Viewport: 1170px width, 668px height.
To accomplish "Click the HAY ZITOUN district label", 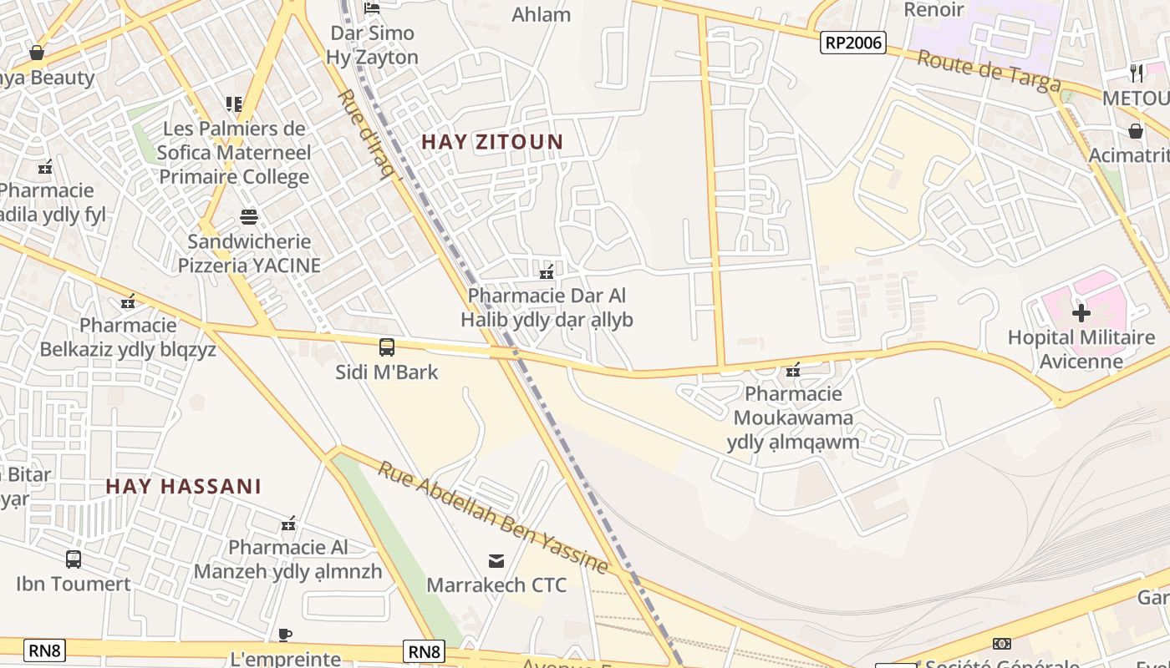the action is (x=492, y=142).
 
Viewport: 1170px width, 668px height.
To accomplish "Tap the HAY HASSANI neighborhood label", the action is (x=184, y=487).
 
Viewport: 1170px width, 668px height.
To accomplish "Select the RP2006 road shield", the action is (x=852, y=43).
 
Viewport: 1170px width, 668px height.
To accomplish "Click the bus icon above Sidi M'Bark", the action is (x=386, y=347).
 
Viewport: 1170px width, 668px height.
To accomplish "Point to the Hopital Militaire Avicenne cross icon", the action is (x=1081, y=314).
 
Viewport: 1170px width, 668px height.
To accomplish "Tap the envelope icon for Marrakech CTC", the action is (x=496, y=561).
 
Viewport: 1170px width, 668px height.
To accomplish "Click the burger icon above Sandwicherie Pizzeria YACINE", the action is (x=249, y=217).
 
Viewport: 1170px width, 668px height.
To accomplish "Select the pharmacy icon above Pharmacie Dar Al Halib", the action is (x=547, y=272).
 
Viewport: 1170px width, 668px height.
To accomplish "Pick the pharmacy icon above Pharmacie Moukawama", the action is (x=793, y=370).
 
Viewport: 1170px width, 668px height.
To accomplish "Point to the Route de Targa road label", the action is (x=989, y=70).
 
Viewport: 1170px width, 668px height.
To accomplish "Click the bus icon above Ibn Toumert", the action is (x=74, y=559).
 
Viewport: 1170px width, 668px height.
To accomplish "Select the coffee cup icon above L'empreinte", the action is (x=285, y=635).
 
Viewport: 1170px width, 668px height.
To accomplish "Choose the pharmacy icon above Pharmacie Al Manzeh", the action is (x=288, y=524).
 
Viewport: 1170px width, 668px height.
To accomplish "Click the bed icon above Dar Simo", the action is (x=372, y=8).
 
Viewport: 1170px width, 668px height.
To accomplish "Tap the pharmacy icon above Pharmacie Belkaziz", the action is (x=128, y=302).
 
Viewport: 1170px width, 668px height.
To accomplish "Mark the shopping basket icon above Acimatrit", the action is (x=1136, y=131).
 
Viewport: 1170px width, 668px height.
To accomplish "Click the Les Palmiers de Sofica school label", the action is (x=234, y=153).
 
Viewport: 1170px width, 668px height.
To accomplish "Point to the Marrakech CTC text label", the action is (x=496, y=585).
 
